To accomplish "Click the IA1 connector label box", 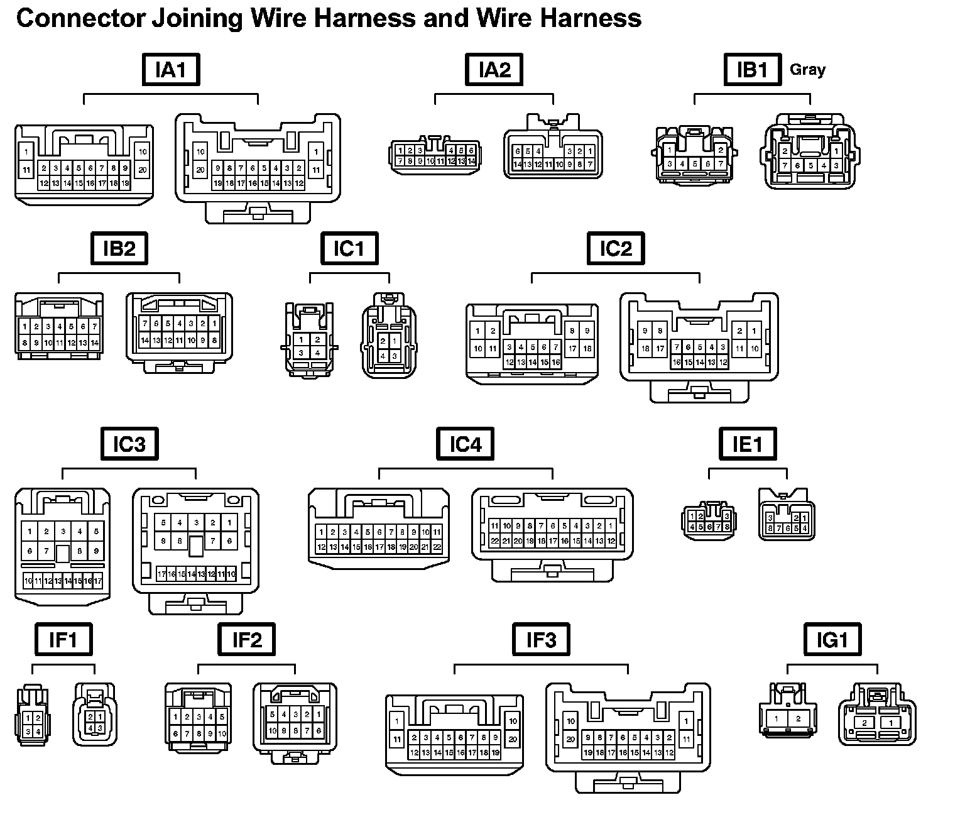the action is (x=170, y=69).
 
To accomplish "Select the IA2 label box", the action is (x=494, y=69).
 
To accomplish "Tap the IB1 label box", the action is (x=752, y=69).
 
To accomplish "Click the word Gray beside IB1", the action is (x=807, y=69).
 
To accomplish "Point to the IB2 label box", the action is (x=119, y=248).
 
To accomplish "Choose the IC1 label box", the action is (x=349, y=248).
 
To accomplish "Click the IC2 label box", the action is (x=616, y=248).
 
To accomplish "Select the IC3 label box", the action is (x=129, y=444).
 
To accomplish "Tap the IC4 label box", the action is (x=466, y=444).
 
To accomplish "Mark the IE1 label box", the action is (x=748, y=444).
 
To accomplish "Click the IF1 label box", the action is (x=63, y=640).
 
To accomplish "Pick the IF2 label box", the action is (x=247, y=640).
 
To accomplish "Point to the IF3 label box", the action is (x=541, y=640).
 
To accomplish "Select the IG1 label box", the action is (x=832, y=640).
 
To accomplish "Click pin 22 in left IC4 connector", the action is (x=437, y=547).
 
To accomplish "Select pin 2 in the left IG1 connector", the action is (x=799, y=719).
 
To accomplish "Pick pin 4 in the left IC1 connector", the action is (x=318, y=353).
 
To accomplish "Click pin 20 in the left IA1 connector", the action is (x=143, y=170).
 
